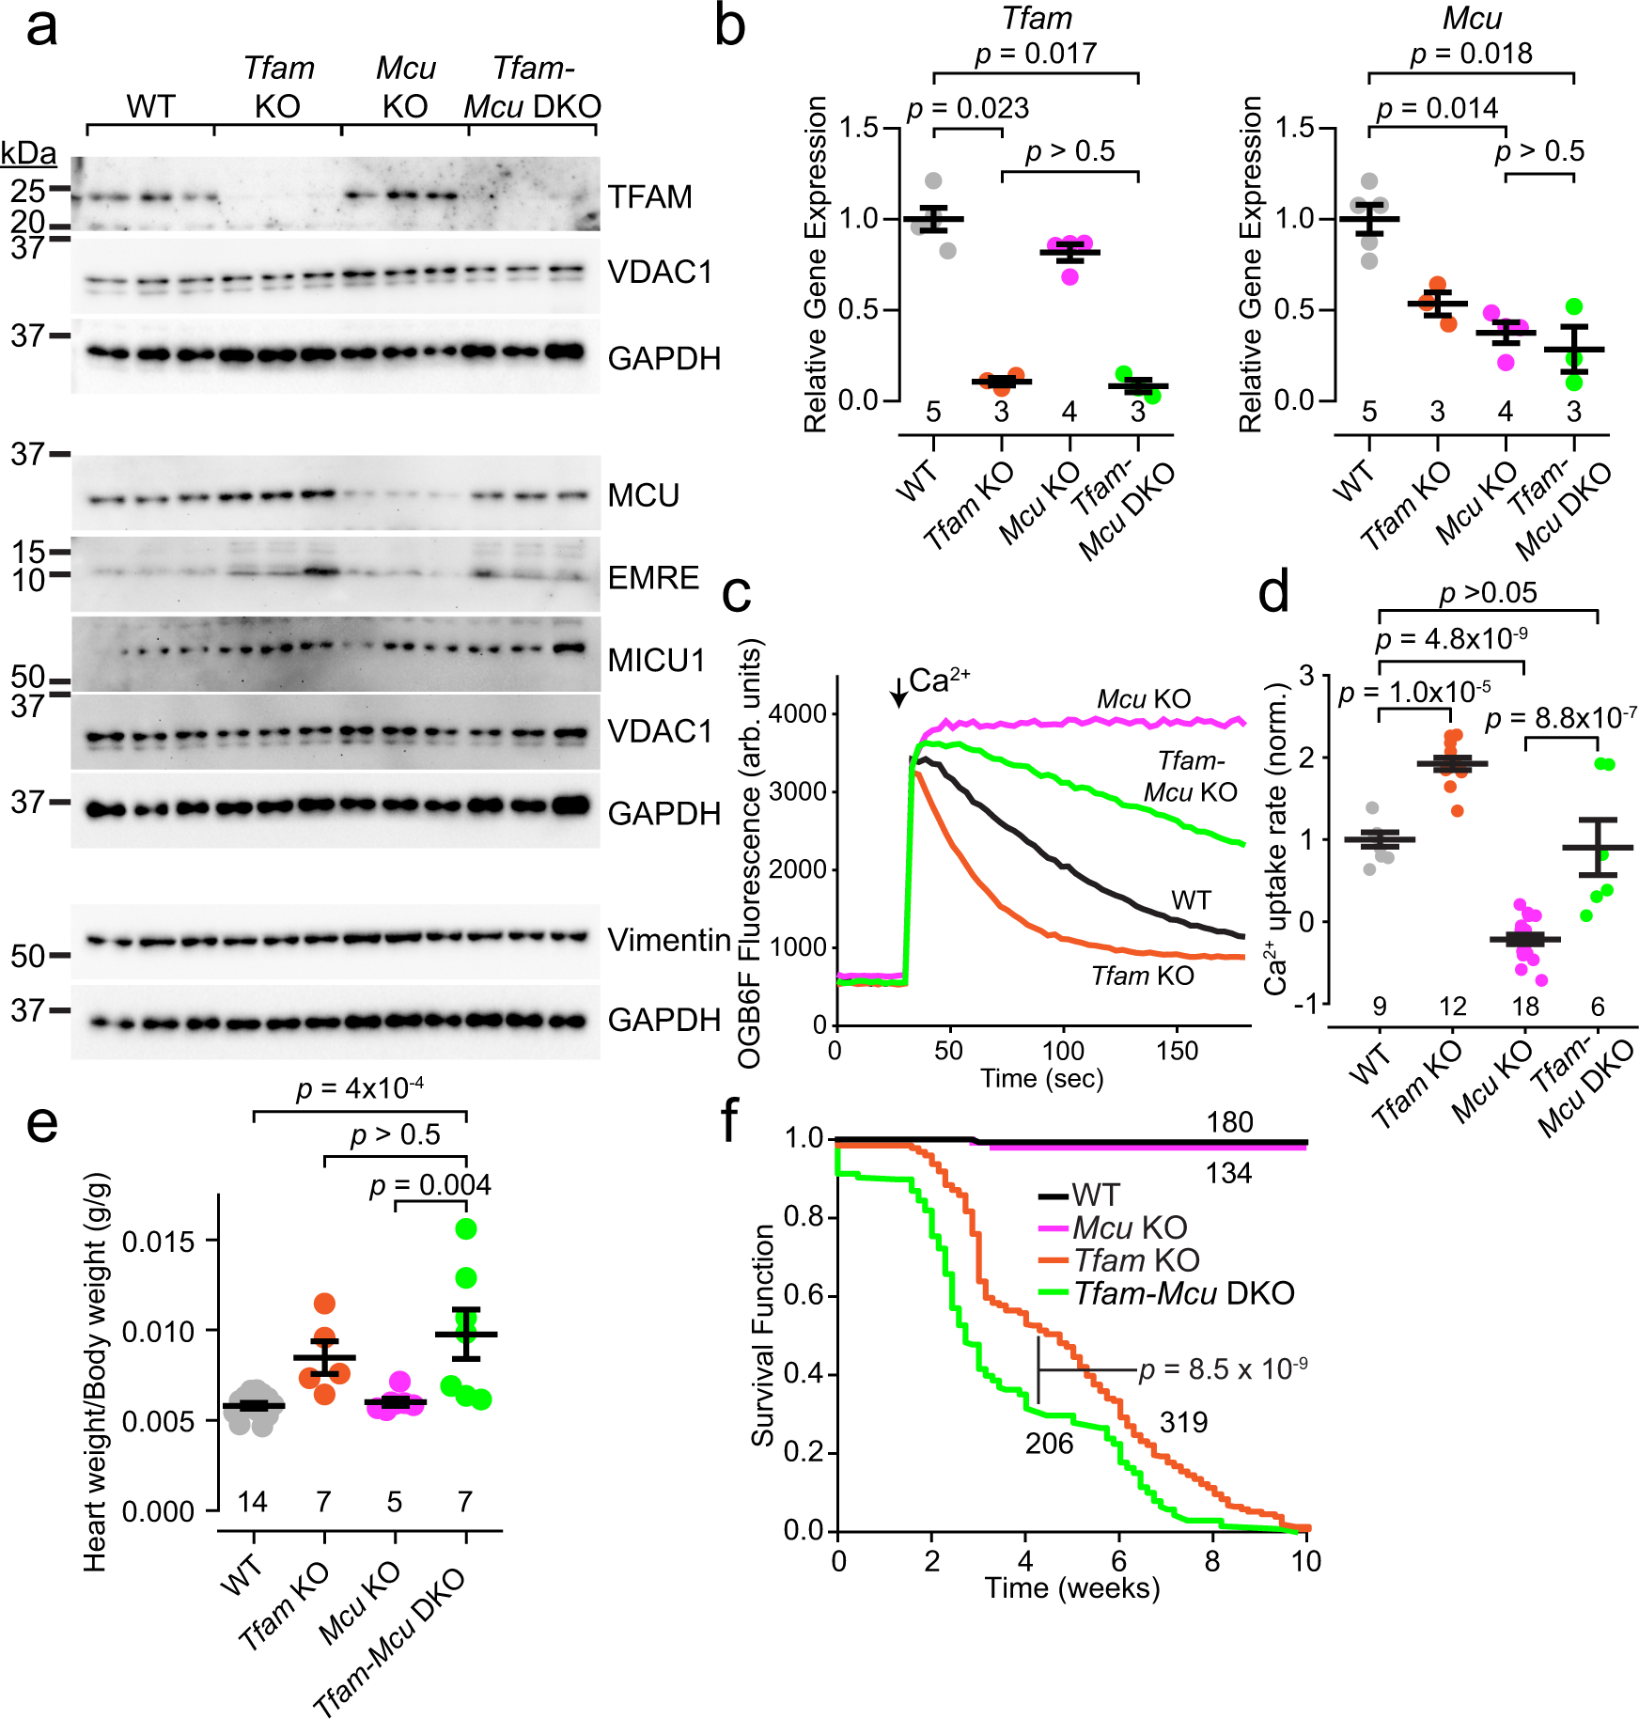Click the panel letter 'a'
[40, 28]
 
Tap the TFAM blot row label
[649, 197]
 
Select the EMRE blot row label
[653, 577]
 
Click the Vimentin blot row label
[668, 939]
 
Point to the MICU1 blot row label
[656, 660]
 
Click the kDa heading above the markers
[28, 153]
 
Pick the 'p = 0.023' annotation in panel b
[968, 109]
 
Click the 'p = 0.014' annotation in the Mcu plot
[1437, 109]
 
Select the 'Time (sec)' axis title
[1041, 1078]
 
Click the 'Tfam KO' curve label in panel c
[1142, 977]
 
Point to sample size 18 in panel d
[1524, 1007]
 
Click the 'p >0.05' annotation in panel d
[1488, 593]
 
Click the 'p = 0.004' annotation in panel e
[429, 1185]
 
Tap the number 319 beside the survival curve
[1183, 1422]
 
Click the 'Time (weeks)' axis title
[1071, 1587]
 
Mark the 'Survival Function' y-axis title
[763, 1335]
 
